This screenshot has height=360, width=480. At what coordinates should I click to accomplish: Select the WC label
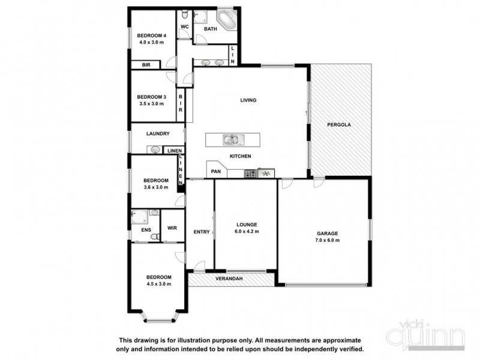pos(185,27)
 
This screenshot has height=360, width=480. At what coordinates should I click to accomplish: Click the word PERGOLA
pos(339,125)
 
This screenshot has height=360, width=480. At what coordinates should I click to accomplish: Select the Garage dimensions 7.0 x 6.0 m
pos(328,240)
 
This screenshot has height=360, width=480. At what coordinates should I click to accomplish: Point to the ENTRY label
pos(201,233)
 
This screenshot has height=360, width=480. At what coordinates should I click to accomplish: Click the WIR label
pos(172,229)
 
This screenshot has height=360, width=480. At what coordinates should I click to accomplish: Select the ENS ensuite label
pos(146,230)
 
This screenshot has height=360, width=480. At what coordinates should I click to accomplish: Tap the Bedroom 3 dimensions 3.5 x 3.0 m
pos(151,104)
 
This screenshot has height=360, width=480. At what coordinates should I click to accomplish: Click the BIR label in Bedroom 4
pos(146,65)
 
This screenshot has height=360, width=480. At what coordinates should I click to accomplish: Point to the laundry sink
pos(155,150)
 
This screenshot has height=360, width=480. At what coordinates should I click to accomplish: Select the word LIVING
pos(248,100)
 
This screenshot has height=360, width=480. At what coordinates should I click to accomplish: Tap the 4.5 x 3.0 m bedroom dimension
pos(159,284)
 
